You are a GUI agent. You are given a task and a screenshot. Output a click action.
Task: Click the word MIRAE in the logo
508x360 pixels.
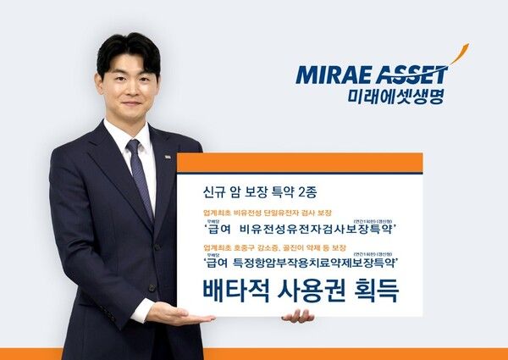point(327,75)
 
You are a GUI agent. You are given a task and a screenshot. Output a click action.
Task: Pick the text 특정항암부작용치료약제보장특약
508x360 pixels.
point(322,263)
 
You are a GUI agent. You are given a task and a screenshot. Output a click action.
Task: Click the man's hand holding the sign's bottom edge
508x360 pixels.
point(298,316)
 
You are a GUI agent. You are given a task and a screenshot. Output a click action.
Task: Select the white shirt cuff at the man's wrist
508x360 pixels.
point(142,310)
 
